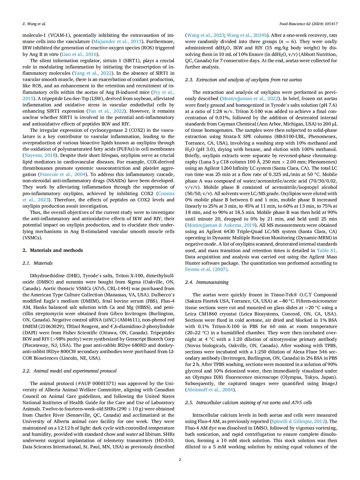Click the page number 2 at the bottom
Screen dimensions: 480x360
click(x=180, y=459)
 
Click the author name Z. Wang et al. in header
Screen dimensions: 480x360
click(x=34, y=24)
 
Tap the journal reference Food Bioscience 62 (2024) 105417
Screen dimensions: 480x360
click(x=308, y=24)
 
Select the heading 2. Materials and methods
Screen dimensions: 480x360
click(x=52, y=250)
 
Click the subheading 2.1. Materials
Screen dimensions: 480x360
click(x=37, y=263)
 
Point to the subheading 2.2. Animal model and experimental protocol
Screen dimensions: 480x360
click(x=69, y=371)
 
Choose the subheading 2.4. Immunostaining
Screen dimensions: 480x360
click(x=207, y=282)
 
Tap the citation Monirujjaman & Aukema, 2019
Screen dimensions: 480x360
click(x=221, y=225)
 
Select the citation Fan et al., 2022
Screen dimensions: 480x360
click(x=106, y=111)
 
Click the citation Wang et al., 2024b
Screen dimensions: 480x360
click(x=247, y=35)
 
